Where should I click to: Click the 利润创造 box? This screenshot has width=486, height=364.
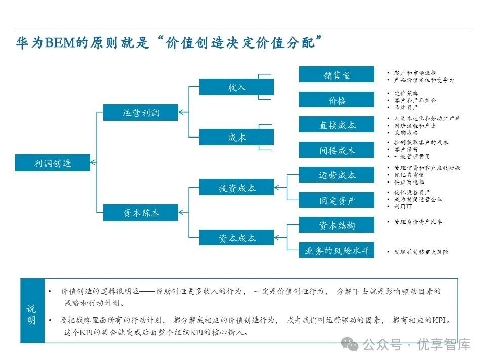(53, 163)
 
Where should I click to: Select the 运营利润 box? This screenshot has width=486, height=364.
(141, 112)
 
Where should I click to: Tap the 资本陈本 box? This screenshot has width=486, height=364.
(141, 213)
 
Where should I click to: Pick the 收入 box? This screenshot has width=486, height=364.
(236, 87)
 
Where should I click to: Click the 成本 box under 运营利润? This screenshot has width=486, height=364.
(236, 137)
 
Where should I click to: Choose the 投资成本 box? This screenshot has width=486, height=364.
(236, 188)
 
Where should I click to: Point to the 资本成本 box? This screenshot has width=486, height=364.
(236, 238)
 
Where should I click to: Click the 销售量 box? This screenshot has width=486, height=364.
(337, 75)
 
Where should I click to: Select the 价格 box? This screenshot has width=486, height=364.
(337, 100)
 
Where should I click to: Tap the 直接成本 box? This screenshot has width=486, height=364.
(337, 125)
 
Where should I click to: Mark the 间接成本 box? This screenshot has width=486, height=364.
(337, 150)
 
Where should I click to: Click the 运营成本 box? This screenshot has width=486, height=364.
(337, 175)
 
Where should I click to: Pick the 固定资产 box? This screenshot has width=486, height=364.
(337, 200)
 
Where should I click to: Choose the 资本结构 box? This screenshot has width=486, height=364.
(337, 225)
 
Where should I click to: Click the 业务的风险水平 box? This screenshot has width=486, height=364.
(337, 250)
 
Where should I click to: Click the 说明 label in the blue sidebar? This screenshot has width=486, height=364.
(32, 314)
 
